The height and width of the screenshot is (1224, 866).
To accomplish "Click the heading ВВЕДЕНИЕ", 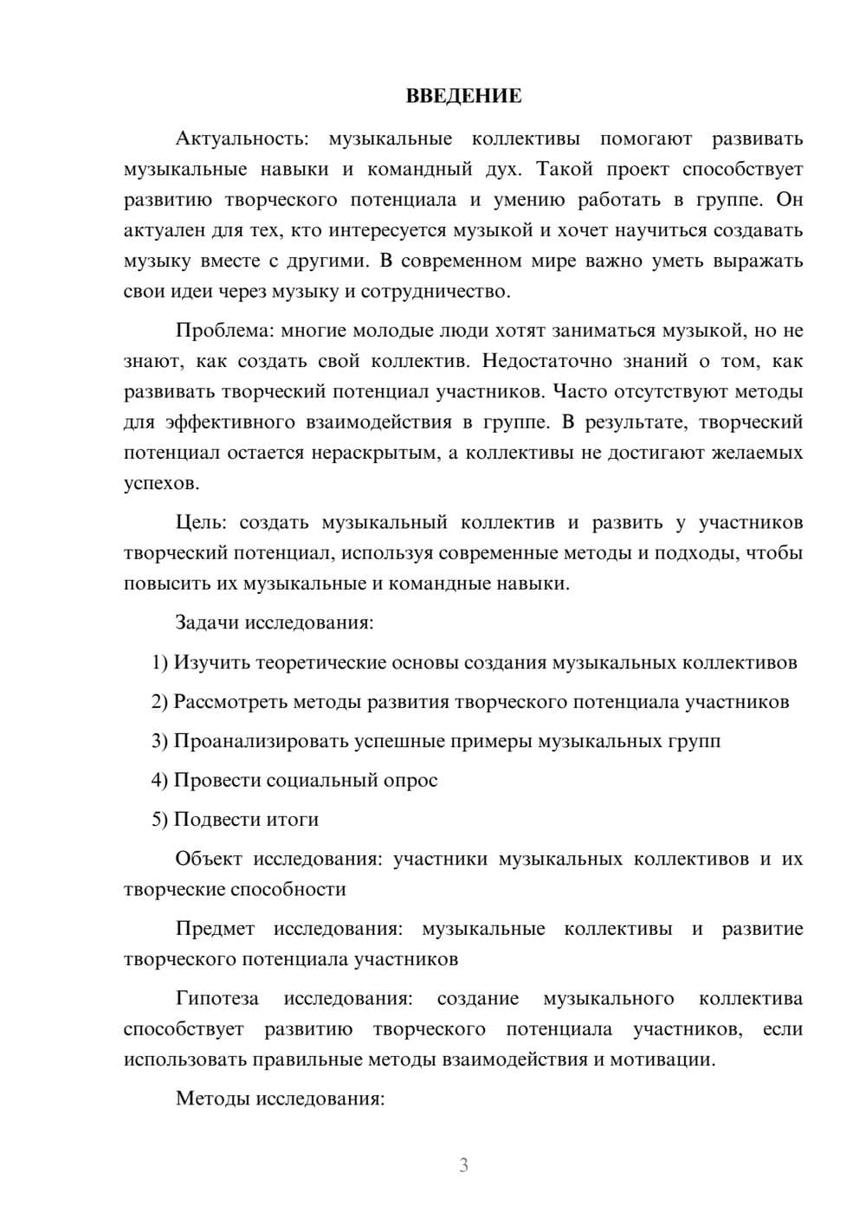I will click(x=463, y=96).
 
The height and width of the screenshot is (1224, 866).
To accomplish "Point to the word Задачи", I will click(x=207, y=622).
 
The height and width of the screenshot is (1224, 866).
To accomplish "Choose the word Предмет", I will click(x=215, y=929).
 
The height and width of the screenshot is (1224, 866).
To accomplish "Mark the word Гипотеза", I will click(x=217, y=999).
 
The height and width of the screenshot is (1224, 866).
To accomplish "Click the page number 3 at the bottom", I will click(x=463, y=1165).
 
